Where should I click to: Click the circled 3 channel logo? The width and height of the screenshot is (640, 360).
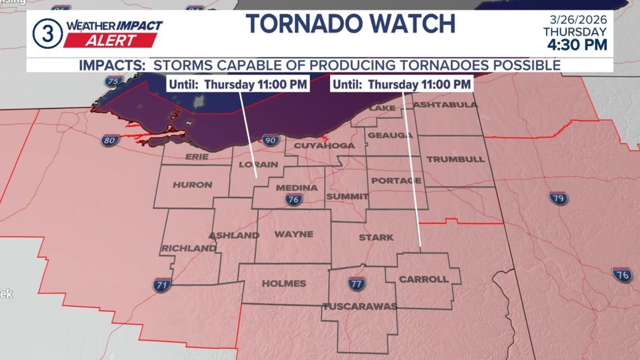47,33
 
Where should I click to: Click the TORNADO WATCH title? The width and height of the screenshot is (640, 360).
350,24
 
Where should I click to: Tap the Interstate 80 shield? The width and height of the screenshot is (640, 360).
110,140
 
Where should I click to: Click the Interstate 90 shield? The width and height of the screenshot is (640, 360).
270,140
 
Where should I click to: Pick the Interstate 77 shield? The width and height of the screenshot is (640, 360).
356,284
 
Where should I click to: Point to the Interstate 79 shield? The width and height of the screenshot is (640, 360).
558,198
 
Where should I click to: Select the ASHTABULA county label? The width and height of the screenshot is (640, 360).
445,104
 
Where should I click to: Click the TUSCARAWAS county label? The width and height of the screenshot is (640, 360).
360,306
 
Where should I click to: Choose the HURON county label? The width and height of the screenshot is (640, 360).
193,185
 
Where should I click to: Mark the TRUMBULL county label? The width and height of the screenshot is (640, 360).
455,160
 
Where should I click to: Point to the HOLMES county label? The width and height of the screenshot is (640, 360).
284,284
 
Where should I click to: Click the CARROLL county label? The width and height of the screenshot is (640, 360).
423,279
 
